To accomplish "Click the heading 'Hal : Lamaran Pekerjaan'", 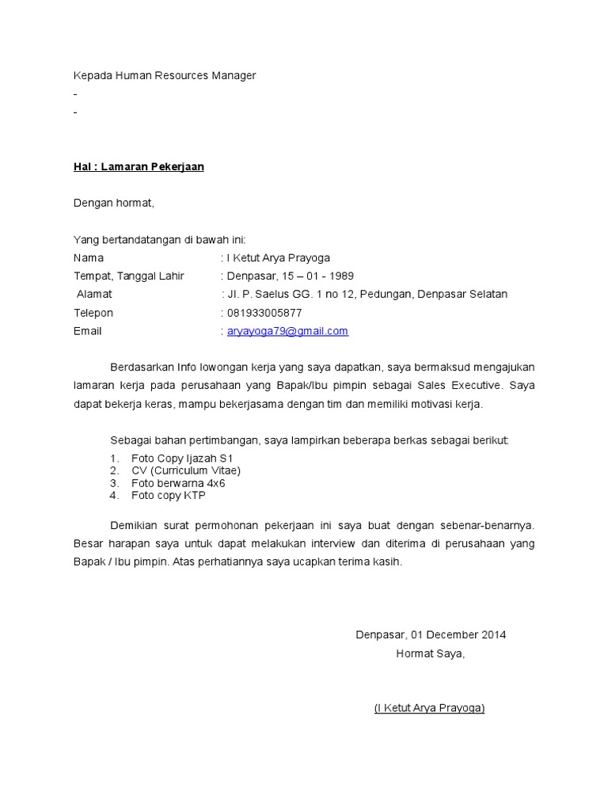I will tap(139, 167).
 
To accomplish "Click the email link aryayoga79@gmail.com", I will tap(287, 331).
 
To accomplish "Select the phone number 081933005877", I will tap(264, 313).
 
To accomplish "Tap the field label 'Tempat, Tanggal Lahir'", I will tap(129, 276).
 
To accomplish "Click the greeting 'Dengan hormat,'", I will tap(114, 203).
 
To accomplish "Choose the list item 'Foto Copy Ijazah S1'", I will tap(183, 459).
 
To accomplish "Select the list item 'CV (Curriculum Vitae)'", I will tap(186, 470).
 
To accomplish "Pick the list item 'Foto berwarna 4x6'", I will tap(178, 483).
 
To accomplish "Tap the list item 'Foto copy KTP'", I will tap(169, 495).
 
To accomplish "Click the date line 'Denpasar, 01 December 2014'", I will tap(431, 635).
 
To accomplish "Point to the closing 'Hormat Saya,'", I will tap(431, 653).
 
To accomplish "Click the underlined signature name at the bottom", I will tap(429, 708).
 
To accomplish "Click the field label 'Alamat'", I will tap(94, 294).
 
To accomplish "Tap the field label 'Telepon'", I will tap(93, 313).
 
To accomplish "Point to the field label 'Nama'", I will tap(89, 257).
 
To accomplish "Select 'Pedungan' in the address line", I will tap(386, 294).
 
